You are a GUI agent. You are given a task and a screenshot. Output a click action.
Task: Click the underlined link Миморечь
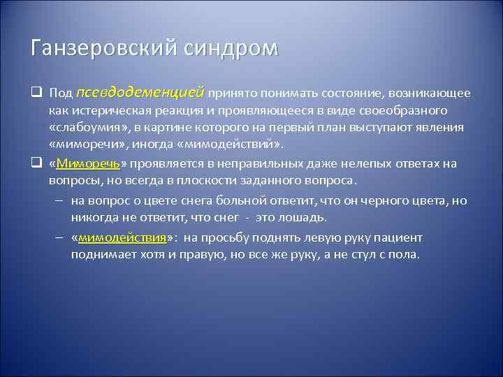[x=89, y=164]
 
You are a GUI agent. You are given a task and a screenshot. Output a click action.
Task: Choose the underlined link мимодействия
[x=122, y=237]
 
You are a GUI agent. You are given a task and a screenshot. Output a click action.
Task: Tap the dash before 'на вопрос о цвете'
[x=59, y=201]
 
